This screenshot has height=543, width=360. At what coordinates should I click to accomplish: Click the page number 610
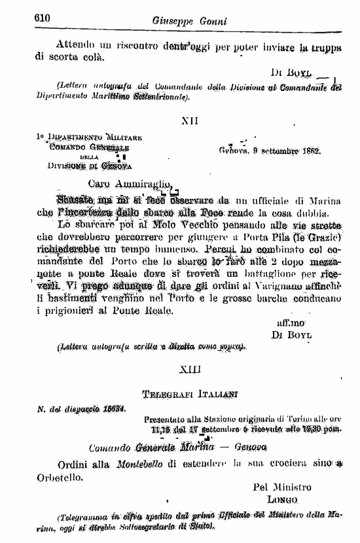coord(43,19)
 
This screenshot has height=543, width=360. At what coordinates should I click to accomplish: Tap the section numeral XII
coord(189,120)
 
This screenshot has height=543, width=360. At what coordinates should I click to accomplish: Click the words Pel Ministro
coord(282,487)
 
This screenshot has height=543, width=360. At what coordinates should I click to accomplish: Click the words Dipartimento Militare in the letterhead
coord(92,137)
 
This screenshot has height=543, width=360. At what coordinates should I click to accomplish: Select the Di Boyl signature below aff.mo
coord(291,334)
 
